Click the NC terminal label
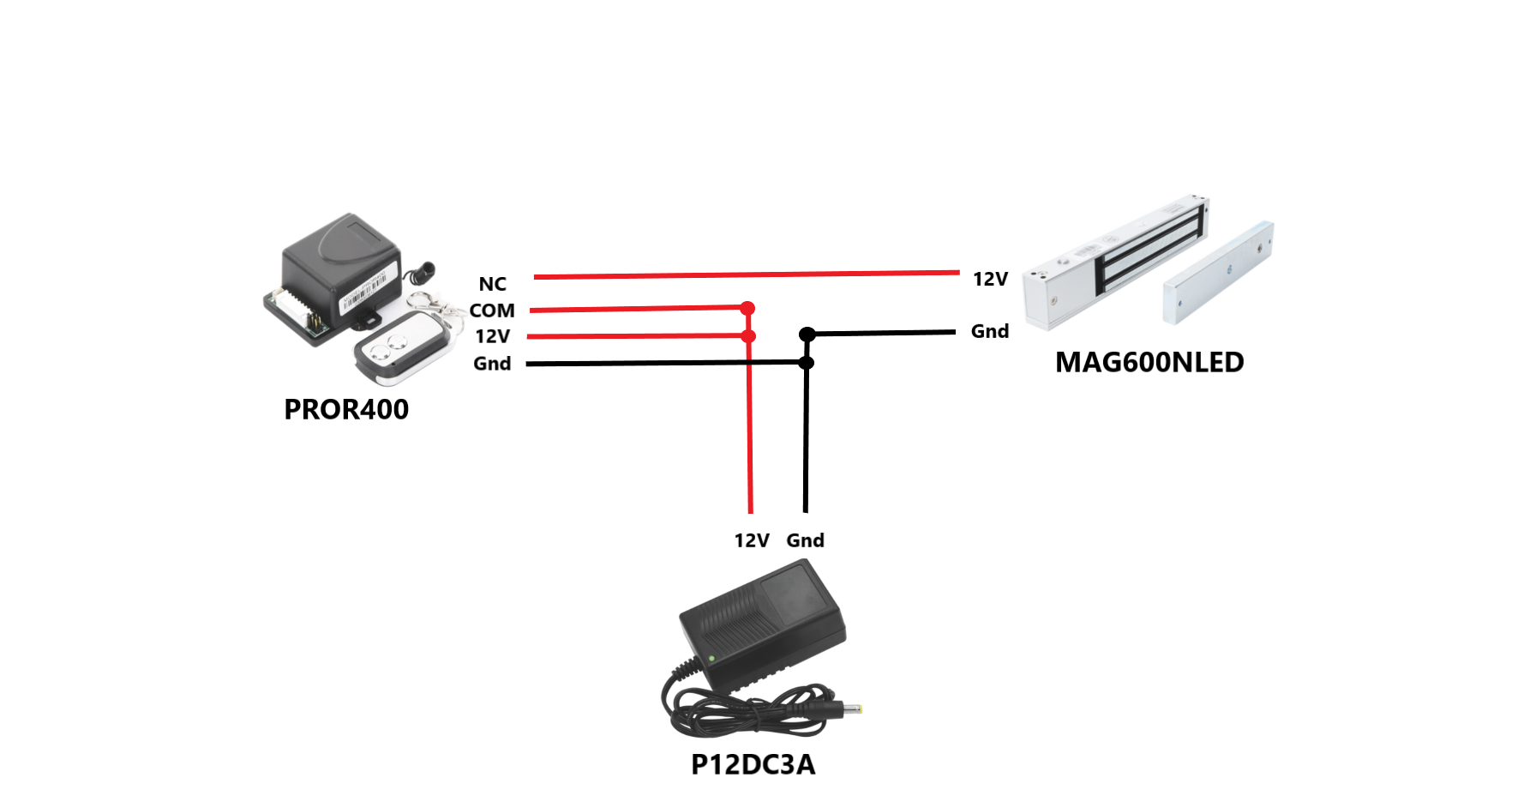492,284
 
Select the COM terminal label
492,311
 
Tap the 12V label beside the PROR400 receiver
492,336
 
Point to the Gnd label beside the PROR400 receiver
492,364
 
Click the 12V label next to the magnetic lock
990,279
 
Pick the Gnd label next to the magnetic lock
990,331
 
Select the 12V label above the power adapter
752,540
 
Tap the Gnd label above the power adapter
806,540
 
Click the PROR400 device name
346,410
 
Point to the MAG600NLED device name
1149,362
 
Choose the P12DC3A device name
753,764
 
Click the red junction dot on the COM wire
747,308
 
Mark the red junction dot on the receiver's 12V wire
748,336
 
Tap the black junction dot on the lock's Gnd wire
807,335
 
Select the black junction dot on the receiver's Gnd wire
806,363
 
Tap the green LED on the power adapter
711,659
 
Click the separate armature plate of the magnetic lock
1218,272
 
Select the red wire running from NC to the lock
747,274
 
